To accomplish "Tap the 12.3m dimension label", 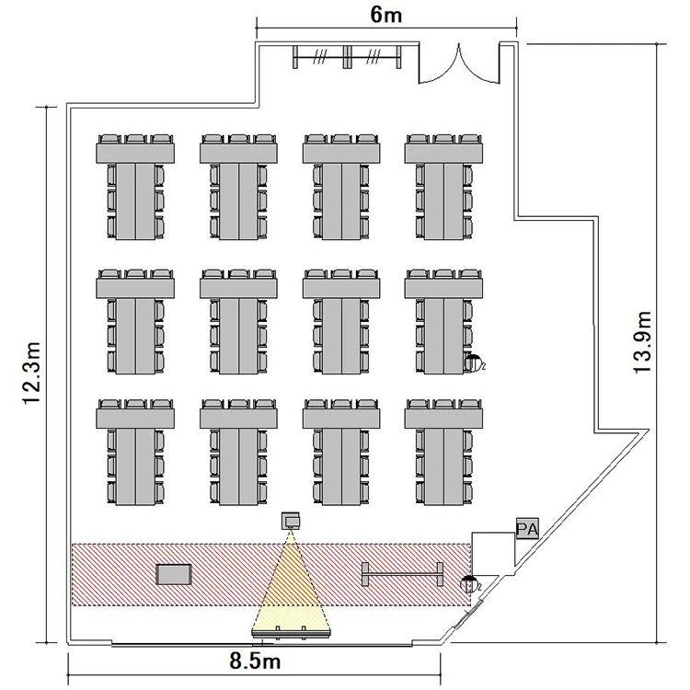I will point(32,374).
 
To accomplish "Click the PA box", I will point(527,528).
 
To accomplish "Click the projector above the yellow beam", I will point(292,521).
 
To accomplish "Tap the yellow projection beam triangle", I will point(291,589).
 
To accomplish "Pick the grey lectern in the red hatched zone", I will point(174,574).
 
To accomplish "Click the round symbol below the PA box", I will point(469,582).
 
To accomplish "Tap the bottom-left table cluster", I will point(135,453).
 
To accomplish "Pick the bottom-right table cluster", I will point(444,453).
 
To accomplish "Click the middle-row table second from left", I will point(239,321).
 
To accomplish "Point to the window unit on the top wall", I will point(347,56).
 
